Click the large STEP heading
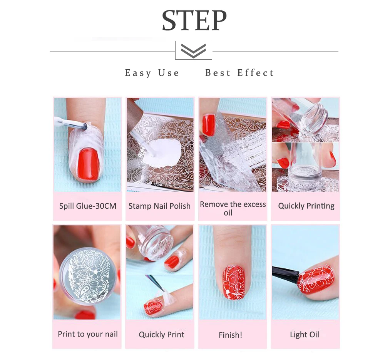(194, 21)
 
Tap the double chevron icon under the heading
(194, 50)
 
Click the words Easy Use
(152, 73)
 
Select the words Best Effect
(239, 73)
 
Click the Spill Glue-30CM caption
(88, 206)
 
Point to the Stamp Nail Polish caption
(160, 206)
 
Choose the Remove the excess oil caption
(233, 208)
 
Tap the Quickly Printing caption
(306, 206)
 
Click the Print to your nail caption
(88, 334)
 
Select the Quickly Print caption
(161, 335)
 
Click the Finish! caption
(230, 335)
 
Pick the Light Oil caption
(305, 335)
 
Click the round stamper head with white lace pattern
(87, 276)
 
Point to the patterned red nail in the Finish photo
(234, 282)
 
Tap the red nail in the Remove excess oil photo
(209, 125)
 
